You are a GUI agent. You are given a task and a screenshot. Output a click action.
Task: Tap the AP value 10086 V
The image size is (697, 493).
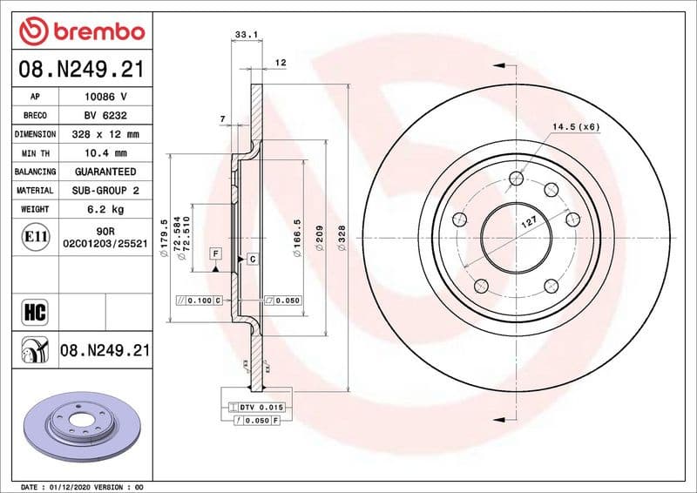[x=105, y=97]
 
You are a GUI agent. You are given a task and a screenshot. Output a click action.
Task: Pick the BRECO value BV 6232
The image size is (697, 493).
[x=105, y=115]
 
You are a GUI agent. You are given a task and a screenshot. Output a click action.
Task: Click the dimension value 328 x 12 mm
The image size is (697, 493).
[x=105, y=134]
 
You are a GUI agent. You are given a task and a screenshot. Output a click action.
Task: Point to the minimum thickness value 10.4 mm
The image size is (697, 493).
[x=105, y=153]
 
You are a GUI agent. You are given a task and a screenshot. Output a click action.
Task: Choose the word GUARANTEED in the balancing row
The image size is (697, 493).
[x=105, y=172]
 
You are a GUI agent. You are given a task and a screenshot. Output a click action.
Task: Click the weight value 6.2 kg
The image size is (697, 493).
[x=105, y=209]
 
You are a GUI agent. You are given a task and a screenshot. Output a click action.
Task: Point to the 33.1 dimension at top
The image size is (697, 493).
[x=245, y=36]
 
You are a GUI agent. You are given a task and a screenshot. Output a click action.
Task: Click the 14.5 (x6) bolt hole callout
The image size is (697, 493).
[x=576, y=127]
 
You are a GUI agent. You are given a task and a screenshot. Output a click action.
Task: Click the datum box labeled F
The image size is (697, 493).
[x=213, y=253]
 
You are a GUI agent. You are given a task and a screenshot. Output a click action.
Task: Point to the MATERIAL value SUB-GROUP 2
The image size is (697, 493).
[x=105, y=190]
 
